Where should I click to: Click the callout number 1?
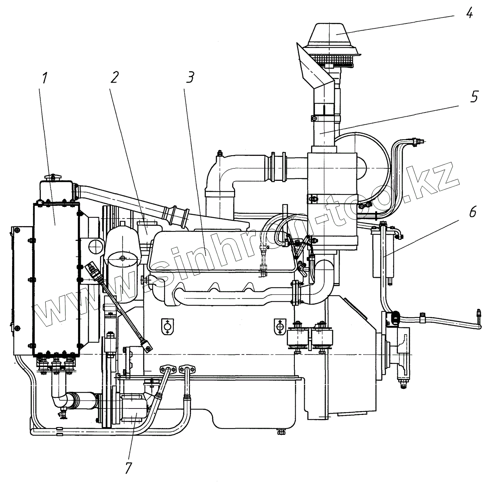click(45, 79)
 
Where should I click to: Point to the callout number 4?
click(469, 14)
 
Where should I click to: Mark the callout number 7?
click(128, 468)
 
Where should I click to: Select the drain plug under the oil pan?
click(280, 432)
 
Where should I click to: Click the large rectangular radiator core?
click(57, 279)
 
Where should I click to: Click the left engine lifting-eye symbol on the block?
click(166, 326)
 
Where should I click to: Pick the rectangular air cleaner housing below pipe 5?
click(332, 200)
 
